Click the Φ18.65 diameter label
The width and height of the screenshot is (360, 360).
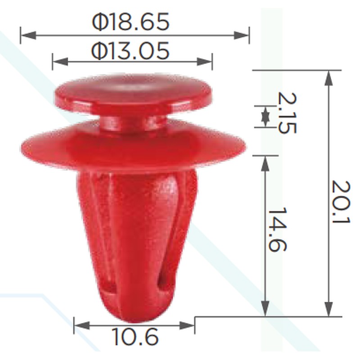coord(130,22)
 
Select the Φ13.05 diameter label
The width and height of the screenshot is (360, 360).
coord(130,51)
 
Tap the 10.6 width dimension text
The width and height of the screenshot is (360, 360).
coord(135,337)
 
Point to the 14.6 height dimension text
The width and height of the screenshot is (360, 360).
coord(277,229)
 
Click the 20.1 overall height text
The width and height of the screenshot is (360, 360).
coord(341,202)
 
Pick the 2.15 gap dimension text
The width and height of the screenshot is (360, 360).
coord(287,113)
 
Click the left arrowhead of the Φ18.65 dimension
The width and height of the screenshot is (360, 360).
coord(28,36)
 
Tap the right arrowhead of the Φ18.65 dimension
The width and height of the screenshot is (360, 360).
coord(242,36)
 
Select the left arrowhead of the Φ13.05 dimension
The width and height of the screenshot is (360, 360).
coord(60,62)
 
